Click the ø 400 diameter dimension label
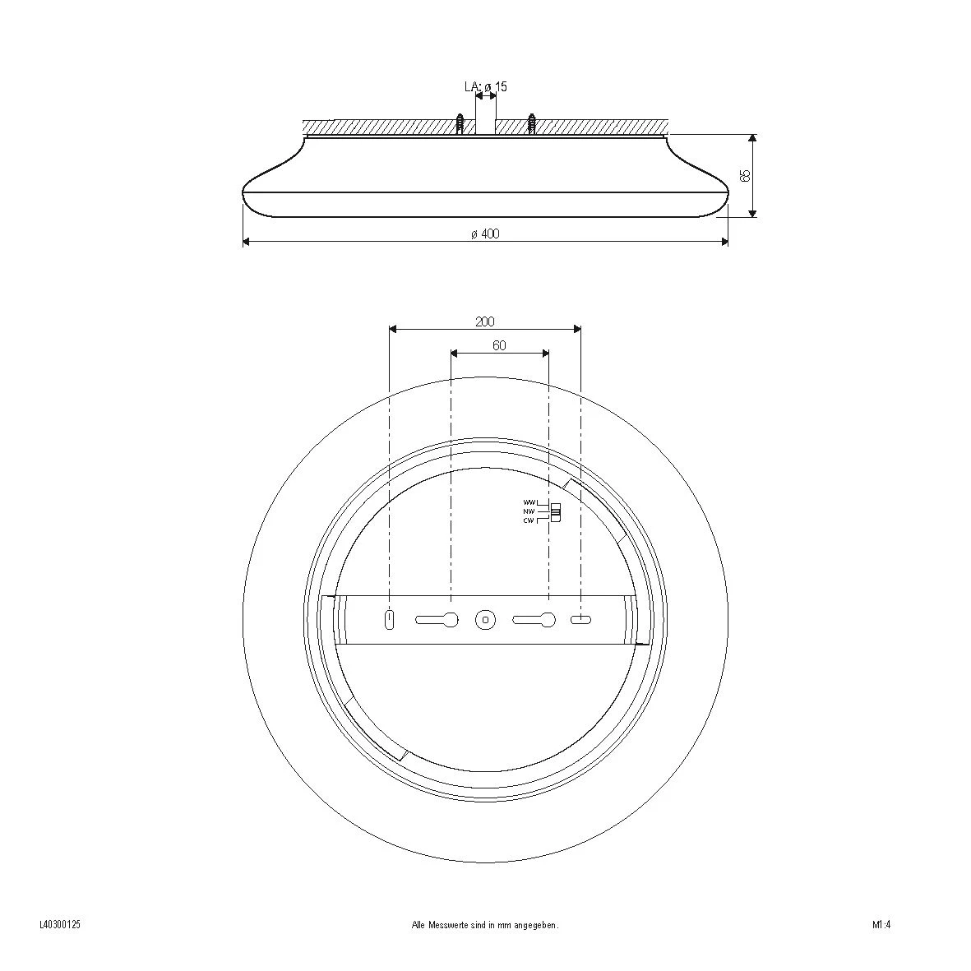click(x=485, y=234)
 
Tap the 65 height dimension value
click(x=746, y=175)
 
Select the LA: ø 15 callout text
click(x=485, y=86)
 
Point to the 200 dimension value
click(x=485, y=322)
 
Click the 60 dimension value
click(x=499, y=346)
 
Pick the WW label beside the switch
click(x=529, y=502)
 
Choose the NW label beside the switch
click(x=529, y=511)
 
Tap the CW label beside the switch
click(x=529, y=520)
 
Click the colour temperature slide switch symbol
click(x=556, y=512)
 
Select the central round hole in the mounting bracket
click(x=485, y=620)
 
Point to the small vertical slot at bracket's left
click(x=390, y=620)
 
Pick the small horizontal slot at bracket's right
click(x=581, y=620)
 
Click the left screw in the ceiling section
click(x=461, y=124)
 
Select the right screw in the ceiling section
click(x=532, y=124)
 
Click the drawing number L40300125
click(x=59, y=925)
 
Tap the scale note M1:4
click(x=881, y=925)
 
